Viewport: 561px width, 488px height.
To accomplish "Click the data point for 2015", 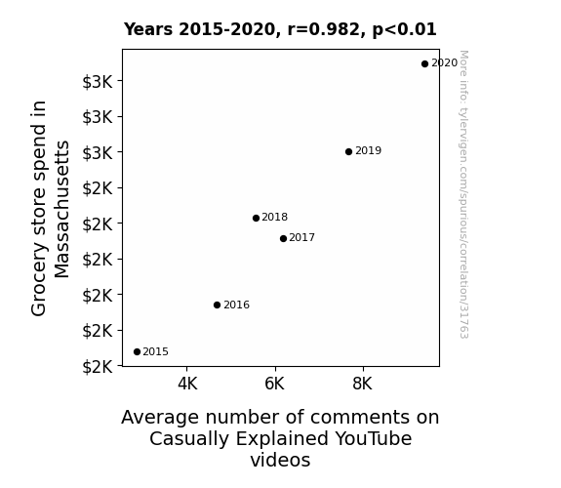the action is [137, 352].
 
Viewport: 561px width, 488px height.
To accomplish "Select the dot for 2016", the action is [217, 305].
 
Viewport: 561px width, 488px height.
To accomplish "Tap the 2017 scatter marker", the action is [283, 238].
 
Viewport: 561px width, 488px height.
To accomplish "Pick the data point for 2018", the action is [256, 218].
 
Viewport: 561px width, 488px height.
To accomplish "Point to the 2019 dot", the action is [349, 152].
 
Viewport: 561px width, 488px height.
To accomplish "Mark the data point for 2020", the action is [424, 64].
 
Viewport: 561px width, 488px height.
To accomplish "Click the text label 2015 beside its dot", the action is [156, 352].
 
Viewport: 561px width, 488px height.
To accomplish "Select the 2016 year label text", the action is [236, 305].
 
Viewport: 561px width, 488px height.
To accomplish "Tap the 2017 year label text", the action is [302, 238].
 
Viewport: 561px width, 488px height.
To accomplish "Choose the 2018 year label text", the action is [275, 218].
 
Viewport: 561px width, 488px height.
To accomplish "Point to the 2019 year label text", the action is [369, 150].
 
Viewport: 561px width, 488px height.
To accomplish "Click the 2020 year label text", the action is [444, 63].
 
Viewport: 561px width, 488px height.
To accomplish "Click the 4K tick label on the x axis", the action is [187, 384].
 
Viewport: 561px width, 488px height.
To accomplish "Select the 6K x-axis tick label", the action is [275, 384].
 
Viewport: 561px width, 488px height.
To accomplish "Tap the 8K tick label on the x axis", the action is [362, 384].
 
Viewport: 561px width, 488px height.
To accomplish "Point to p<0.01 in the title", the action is [404, 30].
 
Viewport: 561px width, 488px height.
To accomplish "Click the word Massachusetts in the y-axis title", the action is [61, 210].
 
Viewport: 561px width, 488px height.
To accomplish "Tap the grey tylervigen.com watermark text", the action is [463, 194].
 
